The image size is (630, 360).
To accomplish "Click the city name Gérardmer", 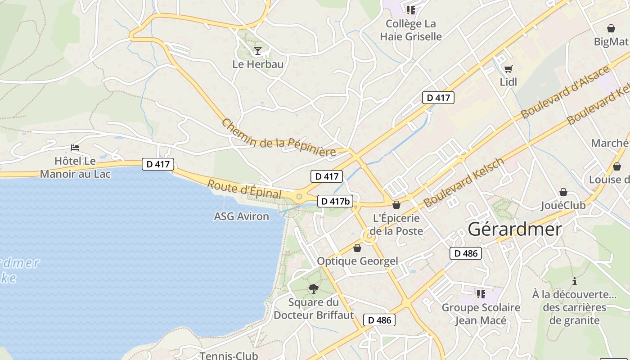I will coord(515,229).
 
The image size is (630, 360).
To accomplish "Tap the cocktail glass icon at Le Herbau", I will coord(257,50).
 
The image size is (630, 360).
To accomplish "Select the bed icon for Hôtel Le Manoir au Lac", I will coord(75,148).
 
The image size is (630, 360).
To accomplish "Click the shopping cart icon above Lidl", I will coord(508,69).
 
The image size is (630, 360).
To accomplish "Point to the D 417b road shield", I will coord(335,201).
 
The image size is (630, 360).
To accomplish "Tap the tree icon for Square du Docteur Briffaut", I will coord(314,288).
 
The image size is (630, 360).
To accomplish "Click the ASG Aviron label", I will coord(241,216).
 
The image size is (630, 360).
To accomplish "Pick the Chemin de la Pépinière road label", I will coord(279,138).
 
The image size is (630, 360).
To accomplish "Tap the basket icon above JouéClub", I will coord(563,192).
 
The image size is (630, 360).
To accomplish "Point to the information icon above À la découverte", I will coord(574,282).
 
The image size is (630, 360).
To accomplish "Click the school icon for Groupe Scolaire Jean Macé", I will coord(481,294).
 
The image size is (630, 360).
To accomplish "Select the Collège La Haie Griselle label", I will coord(411,30).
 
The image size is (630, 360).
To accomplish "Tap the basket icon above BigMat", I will coord(611,29).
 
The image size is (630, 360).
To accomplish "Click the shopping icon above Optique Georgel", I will coord(357,248).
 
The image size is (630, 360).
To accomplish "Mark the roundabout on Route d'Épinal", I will coord(299,196).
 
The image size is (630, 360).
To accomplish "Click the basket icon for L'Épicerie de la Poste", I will coord(396,205).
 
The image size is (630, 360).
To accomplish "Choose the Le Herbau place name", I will coord(258,64).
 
